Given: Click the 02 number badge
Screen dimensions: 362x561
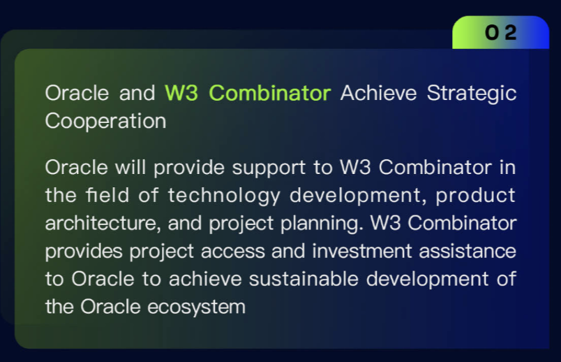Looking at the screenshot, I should pyautogui.click(x=501, y=32).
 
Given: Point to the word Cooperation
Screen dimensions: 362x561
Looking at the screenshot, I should pyautogui.click(x=105, y=121).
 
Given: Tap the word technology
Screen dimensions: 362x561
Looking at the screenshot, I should pyautogui.click(x=223, y=195).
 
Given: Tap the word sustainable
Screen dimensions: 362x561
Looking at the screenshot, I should pyautogui.click(x=299, y=279).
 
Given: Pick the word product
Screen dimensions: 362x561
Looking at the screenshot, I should pyautogui.click(x=476, y=195).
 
